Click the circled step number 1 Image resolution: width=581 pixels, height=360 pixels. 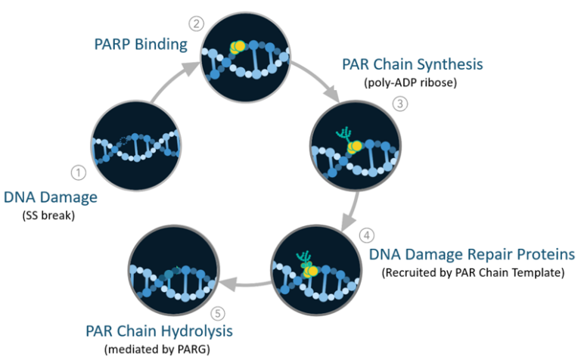point(76,172)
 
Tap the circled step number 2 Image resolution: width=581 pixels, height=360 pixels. point(198,23)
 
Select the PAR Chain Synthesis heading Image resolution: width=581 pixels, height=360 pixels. point(412,64)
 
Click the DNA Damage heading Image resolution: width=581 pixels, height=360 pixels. point(51,197)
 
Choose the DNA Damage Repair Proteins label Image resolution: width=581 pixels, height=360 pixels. point(472,253)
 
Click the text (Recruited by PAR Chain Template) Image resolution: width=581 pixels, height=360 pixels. point(473,272)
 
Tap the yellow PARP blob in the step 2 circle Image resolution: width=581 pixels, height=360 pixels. point(238,48)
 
